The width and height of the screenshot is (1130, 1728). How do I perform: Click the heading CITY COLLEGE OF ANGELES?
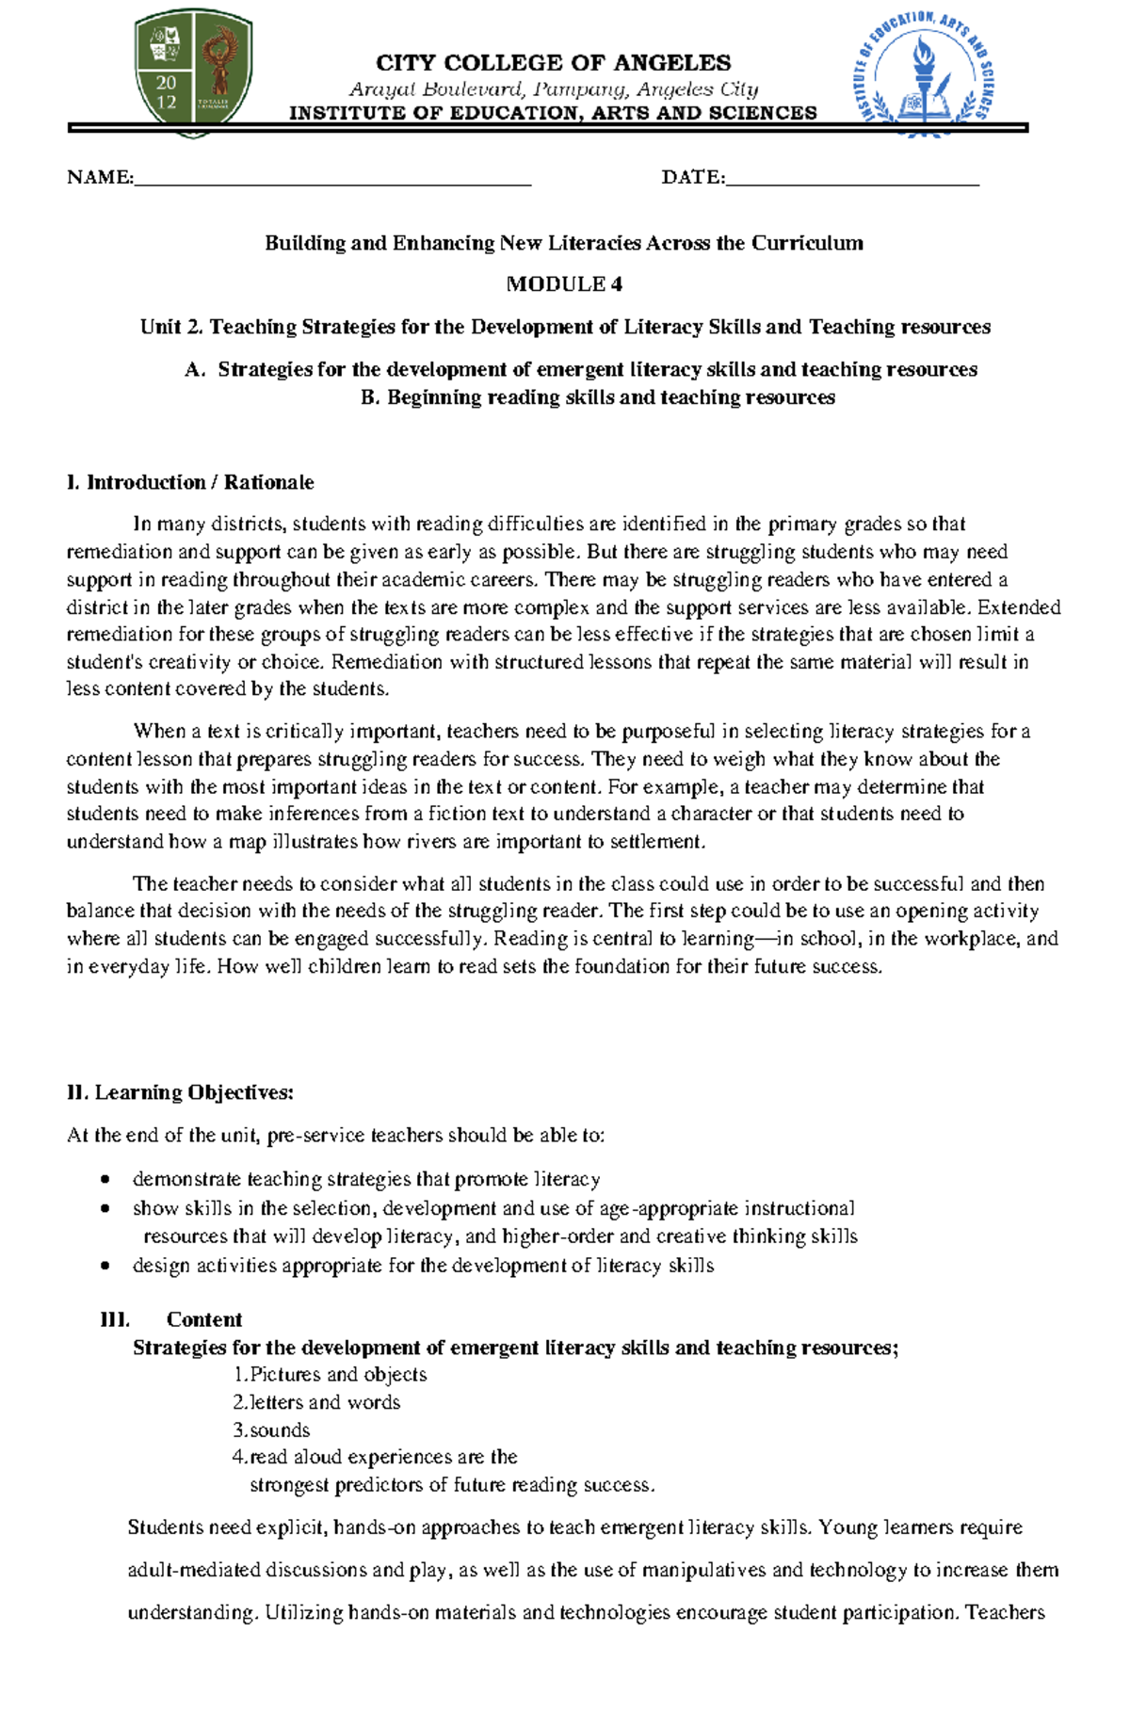click(553, 63)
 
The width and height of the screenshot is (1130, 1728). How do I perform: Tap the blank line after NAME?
click(332, 179)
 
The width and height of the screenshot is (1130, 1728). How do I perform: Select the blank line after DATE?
click(852, 179)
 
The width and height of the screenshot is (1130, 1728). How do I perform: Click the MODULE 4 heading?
click(564, 284)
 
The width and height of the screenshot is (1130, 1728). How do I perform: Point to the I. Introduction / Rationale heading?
click(190, 482)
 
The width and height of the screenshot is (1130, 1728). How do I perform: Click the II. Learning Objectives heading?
click(181, 1092)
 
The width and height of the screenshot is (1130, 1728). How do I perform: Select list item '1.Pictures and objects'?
click(330, 1375)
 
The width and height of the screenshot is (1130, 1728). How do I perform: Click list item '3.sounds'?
click(271, 1429)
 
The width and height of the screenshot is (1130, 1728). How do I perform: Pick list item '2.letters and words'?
click(316, 1402)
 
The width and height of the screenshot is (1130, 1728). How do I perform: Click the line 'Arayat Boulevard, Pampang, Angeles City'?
click(553, 89)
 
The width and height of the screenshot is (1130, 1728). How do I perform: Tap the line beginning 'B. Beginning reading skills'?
click(597, 397)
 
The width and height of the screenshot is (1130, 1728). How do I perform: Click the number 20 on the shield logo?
click(166, 83)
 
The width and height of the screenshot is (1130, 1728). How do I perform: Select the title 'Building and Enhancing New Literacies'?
click(563, 243)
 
